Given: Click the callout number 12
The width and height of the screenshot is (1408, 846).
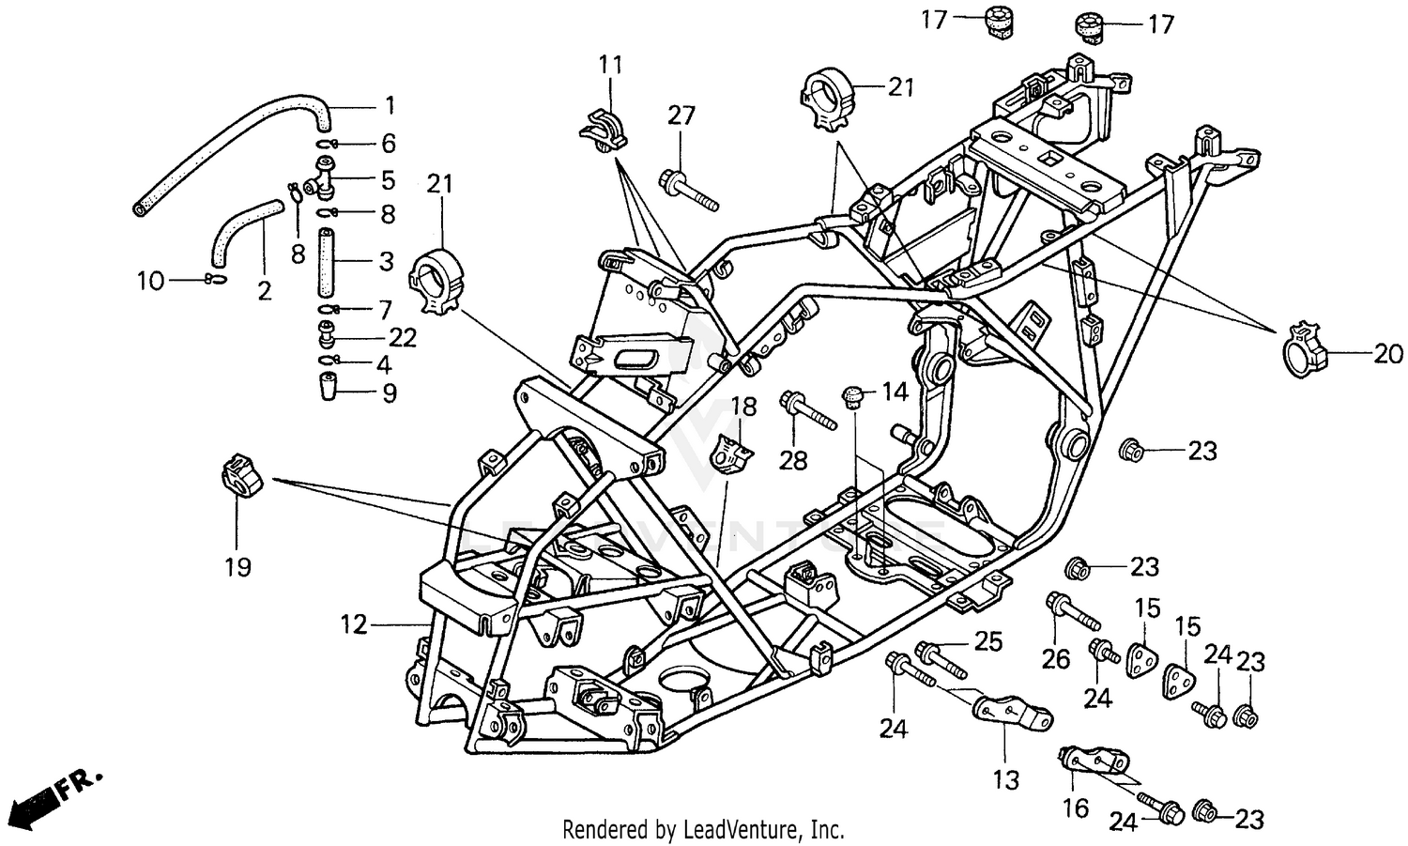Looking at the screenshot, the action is point(353,624).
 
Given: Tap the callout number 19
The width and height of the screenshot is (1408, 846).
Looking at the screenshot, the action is point(238,567).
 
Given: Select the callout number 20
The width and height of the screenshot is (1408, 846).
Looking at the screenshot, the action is point(1388,354).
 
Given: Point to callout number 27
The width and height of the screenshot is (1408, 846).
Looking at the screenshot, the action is point(681,115).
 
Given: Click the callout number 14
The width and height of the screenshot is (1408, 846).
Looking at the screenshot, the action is point(895,392).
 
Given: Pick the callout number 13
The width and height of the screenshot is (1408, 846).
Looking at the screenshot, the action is point(1005,780).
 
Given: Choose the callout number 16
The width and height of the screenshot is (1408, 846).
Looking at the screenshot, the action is point(1076,808).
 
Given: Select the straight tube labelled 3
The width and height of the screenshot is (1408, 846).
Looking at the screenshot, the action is point(325,263).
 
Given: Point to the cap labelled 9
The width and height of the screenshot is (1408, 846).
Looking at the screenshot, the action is point(329,386).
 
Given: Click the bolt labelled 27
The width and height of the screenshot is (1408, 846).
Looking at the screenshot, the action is point(688,190).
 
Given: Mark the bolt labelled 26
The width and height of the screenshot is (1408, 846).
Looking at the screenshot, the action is point(1072,611).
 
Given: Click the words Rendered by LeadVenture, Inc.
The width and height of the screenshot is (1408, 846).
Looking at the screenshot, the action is point(703,830).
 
